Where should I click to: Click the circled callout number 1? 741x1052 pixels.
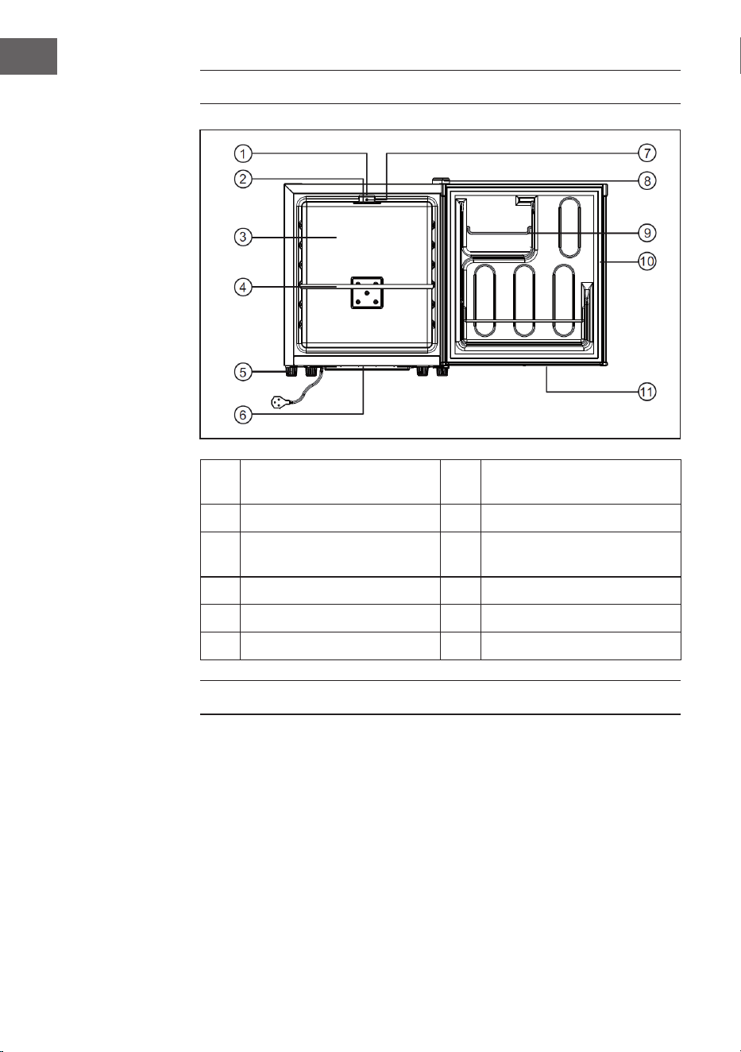pos(243,153)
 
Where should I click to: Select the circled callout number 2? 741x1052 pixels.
pos(243,179)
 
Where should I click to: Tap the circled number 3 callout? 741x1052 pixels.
pos(243,237)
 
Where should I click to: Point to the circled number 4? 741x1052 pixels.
pos(243,287)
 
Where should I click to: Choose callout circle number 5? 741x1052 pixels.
pos(243,372)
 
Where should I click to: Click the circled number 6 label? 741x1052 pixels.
pos(243,415)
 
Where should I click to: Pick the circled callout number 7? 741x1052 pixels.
pos(646,153)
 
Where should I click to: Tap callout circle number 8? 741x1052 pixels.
pos(646,180)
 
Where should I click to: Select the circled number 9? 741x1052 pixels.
pos(646,233)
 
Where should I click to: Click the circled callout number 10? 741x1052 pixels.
pos(646,261)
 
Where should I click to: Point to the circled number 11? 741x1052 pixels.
pos(646,392)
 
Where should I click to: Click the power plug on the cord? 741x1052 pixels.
pos(280,402)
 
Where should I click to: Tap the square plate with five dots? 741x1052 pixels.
pos(367,292)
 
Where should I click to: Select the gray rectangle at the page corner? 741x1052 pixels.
pos(28,56)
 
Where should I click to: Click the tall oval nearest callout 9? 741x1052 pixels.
pos(569,226)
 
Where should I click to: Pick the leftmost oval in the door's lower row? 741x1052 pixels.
pos(484,300)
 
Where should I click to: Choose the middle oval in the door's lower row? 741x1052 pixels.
pos(524,300)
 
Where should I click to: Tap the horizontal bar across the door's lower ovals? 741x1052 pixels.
pos(524,321)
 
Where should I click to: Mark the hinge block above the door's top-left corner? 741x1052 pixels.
pos(441,181)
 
